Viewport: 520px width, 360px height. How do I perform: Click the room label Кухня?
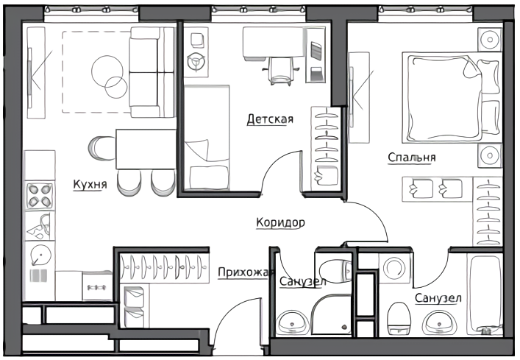tap(90, 184)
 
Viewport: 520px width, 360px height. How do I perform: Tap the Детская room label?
tap(270, 119)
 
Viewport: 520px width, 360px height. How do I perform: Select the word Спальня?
tap(412, 157)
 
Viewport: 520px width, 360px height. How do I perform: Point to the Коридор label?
tap(280, 222)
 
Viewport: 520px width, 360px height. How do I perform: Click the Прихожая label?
tap(246, 272)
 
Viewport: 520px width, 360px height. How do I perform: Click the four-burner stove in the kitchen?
tap(40, 195)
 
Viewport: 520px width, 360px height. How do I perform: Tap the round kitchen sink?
tap(40, 255)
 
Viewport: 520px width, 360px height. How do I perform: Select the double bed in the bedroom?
tap(452, 98)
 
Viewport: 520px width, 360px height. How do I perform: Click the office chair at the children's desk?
tap(281, 71)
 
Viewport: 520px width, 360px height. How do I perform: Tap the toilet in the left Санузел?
tap(335, 271)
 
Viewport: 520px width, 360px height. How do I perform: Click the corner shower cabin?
tap(331, 314)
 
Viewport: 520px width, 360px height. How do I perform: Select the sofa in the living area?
tap(152, 72)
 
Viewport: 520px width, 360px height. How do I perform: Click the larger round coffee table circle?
tap(107, 71)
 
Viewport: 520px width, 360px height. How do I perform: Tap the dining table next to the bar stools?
tap(146, 149)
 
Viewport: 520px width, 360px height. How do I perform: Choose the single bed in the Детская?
tap(207, 138)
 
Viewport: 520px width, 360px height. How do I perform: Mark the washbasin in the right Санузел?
tap(439, 322)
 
